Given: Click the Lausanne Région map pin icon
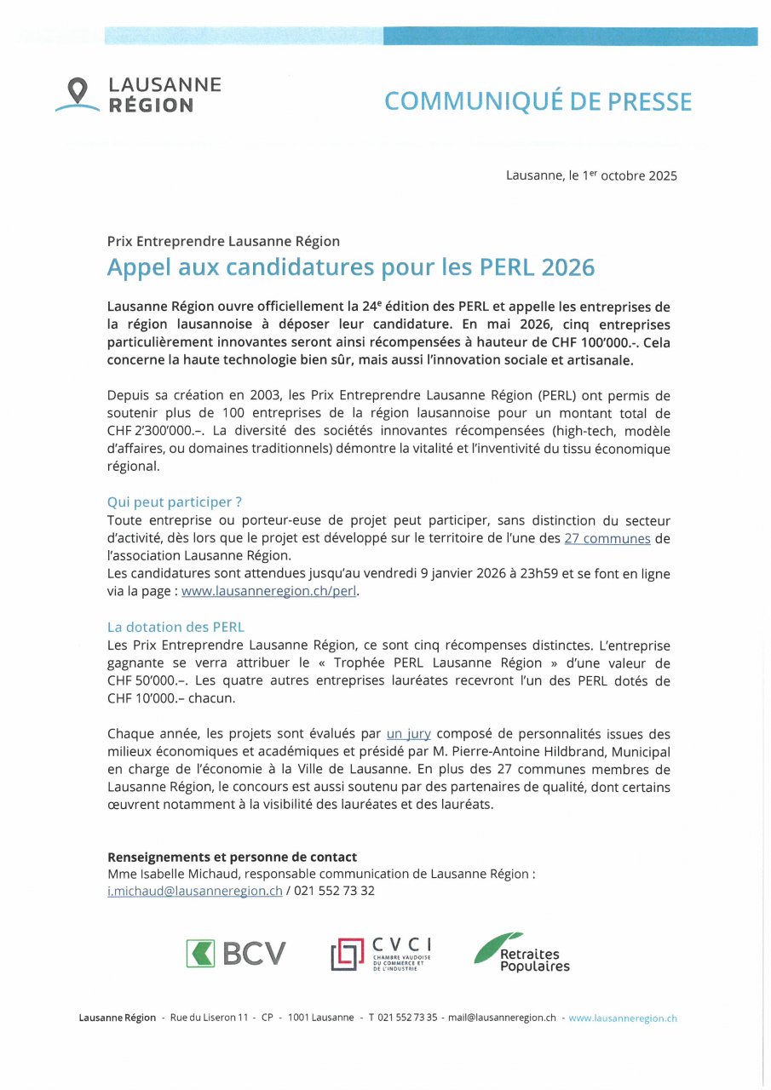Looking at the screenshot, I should (78, 90).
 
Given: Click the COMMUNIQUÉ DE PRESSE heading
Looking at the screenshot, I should (538, 101).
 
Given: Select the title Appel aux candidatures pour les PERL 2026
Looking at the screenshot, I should (350, 267).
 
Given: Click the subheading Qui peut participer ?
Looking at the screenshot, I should (175, 502).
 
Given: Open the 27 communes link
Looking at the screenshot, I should (607, 538).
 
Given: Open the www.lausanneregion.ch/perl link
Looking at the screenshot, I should (269, 592).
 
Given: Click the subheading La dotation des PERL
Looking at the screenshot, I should (175, 627).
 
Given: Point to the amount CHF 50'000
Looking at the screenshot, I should (141, 680).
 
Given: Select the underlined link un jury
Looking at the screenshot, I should (408, 733).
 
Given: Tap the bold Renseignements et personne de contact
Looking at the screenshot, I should (232, 857).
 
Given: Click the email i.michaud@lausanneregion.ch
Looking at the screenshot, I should (194, 891).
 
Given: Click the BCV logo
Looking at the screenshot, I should (236, 954).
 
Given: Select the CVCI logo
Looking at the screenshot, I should (381, 954).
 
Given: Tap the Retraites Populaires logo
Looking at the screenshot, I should (522, 953).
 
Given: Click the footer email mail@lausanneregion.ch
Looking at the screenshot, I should (503, 1018).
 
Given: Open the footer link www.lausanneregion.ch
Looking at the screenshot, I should (623, 1018).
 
